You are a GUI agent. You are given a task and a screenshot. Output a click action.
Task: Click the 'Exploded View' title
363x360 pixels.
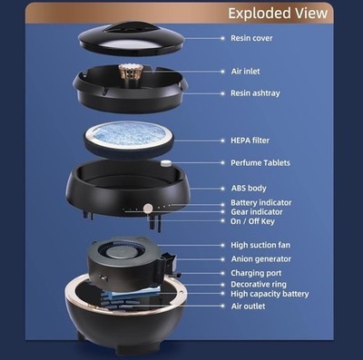point(278,13)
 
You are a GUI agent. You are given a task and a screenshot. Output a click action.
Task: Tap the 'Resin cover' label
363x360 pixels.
point(251,38)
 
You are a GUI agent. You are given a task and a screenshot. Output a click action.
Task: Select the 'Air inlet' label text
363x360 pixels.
point(245,72)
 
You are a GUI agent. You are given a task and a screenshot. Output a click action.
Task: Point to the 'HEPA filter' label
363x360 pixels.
point(250,141)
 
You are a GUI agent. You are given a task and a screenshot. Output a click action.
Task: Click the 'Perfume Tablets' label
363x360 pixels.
point(260,162)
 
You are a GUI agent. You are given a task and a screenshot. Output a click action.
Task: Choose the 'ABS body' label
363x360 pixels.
point(249,189)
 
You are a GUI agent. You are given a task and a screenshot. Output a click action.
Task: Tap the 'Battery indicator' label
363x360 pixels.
point(261,202)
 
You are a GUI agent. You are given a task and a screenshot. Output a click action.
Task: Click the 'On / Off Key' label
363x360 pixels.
point(252,221)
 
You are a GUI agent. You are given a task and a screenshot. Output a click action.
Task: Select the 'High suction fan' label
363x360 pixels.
point(260,245)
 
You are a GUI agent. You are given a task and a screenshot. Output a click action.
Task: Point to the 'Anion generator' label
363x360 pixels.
point(261,259)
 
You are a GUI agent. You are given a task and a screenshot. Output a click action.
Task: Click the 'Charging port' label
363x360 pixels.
point(256,273)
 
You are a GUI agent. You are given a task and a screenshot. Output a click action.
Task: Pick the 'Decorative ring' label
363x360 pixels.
point(259,285)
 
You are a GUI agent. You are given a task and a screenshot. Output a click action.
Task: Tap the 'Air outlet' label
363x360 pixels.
point(248,306)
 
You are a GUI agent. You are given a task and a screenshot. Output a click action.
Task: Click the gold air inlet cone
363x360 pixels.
point(126,73)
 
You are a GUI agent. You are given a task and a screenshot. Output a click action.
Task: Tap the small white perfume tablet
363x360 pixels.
point(164,163)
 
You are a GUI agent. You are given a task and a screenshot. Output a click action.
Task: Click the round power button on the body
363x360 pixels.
point(148,208)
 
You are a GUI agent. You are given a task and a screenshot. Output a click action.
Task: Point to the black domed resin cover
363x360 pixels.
point(132,38)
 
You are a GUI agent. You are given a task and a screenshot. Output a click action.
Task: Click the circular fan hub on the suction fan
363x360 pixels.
point(118,251)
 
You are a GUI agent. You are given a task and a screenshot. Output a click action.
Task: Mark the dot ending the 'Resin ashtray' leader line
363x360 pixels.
point(223,93)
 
